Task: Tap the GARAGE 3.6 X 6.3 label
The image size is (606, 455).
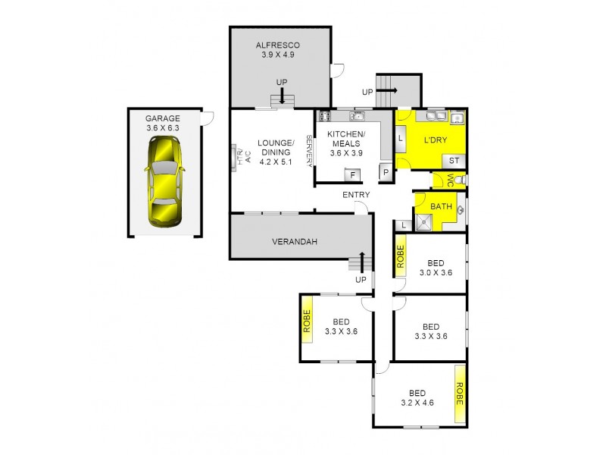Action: (163, 123)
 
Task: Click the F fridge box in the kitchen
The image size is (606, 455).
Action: (351, 175)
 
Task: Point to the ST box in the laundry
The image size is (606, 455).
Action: (454, 161)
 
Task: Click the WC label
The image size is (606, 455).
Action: (449, 180)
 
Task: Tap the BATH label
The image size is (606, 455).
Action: (441, 206)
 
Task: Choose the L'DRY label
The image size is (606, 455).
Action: (435, 140)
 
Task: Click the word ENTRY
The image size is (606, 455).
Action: (356, 196)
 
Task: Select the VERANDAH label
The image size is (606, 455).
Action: (295, 243)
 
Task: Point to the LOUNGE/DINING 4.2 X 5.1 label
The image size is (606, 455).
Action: (274, 152)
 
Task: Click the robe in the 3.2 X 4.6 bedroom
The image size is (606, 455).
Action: (459, 394)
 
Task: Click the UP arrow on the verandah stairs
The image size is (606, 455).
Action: (362, 262)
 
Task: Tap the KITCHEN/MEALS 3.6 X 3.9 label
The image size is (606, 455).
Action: (346, 143)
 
